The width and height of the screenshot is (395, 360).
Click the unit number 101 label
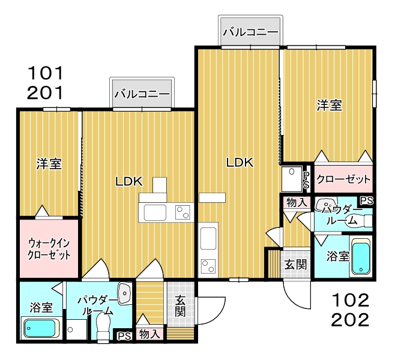[x=46, y=73]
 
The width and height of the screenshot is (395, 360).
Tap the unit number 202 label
[x=350, y=320]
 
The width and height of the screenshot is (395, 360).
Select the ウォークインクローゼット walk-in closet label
[x=49, y=249]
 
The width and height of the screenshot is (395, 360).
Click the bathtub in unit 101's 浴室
[x=40, y=328]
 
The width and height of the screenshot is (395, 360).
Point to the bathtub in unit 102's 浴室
[x=361, y=257]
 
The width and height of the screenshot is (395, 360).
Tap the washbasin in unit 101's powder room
[x=124, y=293]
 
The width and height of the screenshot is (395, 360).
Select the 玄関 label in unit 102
[x=295, y=265]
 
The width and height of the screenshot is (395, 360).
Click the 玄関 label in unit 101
[x=180, y=306]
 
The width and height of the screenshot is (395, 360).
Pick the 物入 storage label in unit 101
[x=149, y=334]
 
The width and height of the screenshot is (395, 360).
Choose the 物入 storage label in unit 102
[x=297, y=202]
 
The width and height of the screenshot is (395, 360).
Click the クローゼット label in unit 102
[x=343, y=179]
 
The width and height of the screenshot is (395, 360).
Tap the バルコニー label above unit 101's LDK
[x=142, y=94]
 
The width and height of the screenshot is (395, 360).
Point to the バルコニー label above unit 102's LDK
[x=251, y=32]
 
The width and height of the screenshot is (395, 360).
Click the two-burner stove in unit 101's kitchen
[x=183, y=212]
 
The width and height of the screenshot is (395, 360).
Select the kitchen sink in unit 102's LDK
[x=208, y=238]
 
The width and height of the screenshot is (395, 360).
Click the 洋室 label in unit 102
[x=329, y=105]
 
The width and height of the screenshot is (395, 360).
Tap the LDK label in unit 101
[x=129, y=182]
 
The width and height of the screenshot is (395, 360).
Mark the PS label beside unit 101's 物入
[x=124, y=336]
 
